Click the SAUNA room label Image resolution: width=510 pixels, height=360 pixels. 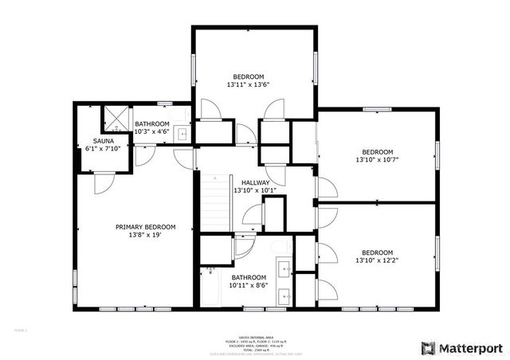pos(104,141)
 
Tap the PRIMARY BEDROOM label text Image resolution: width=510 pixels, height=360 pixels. pos(145,227)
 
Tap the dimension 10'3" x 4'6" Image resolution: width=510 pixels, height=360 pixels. pos(151,132)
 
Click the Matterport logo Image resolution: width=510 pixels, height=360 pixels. pos(462,348)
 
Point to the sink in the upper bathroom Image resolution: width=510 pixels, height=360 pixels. pos(182,134)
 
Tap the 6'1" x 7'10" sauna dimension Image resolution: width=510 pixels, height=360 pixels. pos(104,149)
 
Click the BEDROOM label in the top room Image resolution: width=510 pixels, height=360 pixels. pos(248,76)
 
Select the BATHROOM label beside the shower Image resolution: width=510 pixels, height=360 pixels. pos(151,124)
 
